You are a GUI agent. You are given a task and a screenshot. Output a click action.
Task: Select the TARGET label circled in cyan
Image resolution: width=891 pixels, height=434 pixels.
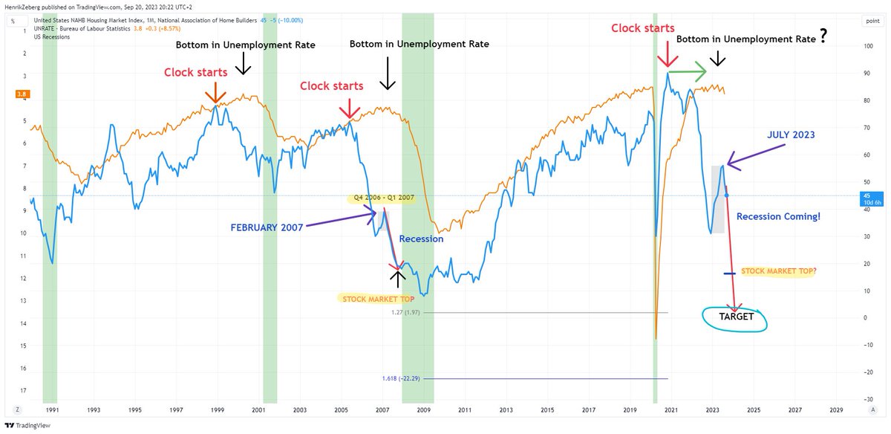pyautogui.click(x=736, y=317)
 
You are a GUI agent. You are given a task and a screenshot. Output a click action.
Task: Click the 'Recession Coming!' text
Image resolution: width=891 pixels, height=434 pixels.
pyautogui.click(x=777, y=217)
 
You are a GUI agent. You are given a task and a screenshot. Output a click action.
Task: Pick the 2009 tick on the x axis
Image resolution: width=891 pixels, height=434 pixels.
pyautogui.click(x=423, y=409)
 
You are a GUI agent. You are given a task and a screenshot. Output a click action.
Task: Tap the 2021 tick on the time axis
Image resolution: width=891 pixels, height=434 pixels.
pyautogui.click(x=671, y=409)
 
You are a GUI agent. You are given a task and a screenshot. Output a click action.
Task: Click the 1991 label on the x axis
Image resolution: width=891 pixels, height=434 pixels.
pyautogui.click(x=53, y=409)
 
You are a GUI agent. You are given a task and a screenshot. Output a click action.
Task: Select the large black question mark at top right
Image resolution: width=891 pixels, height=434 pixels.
pyautogui.click(x=823, y=37)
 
